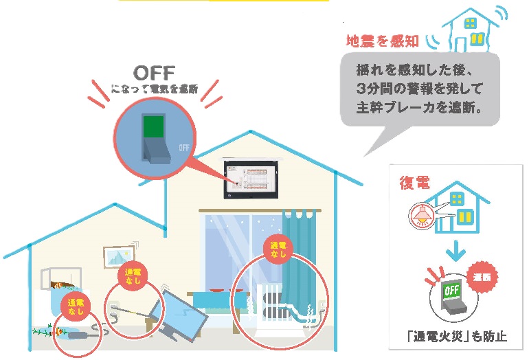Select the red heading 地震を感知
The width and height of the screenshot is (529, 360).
(x=381, y=41)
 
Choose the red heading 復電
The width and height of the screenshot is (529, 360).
(x=415, y=183)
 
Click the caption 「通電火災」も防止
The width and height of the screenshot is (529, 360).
(x=456, y=337)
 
